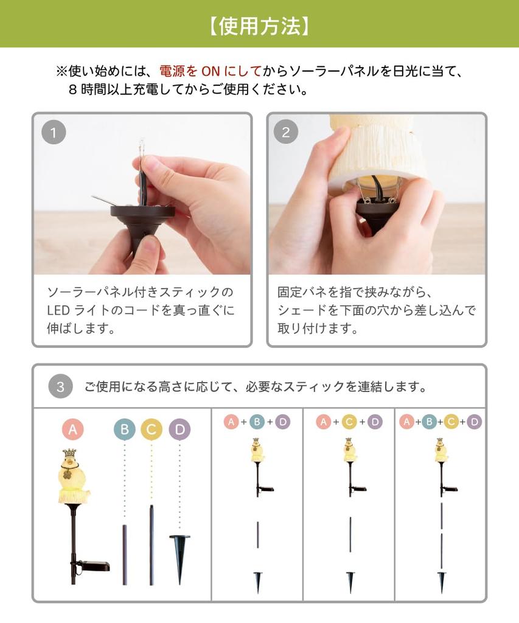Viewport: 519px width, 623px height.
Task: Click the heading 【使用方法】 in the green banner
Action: click(x=259, y=25)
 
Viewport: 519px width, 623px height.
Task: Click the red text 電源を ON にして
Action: click(x=210, y=71)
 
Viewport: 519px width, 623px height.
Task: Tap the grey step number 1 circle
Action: click(x=54, y=133)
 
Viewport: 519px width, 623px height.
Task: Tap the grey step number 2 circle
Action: click(x=286, y=133)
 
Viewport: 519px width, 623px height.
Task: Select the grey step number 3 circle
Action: click(x=60, y=387)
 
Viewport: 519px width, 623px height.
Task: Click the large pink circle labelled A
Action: click(x=72, y=430)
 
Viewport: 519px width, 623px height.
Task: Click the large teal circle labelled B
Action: click(x=124, y=430)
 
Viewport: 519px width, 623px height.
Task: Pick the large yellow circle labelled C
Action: click(x=151, y=430)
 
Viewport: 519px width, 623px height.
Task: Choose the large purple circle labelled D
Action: click(x=179, y=430)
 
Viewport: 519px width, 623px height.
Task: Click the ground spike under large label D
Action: click(x=179, y=555)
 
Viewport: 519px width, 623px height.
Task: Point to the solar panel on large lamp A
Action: click(x=96, y=566)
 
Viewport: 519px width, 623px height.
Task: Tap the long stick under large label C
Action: click(x=152, y=545)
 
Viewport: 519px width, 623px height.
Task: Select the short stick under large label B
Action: click(x=125, y=554)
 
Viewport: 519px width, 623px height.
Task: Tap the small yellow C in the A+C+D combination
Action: click(x=349, y=422)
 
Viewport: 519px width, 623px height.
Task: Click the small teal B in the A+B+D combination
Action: click(x=257, y=422)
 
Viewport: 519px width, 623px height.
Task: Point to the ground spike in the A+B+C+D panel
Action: click(x=441, y=580)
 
